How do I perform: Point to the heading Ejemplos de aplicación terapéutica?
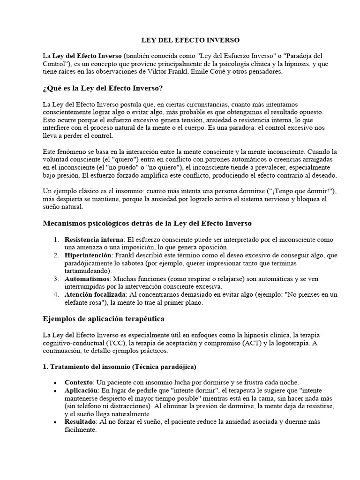click(x=103, y=318)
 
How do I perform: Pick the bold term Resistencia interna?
click(x=94, y=240)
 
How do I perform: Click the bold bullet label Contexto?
click(x=79, y=382)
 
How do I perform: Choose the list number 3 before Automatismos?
click(x=55, y=278)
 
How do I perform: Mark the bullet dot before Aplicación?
click(x=56, y=391)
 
